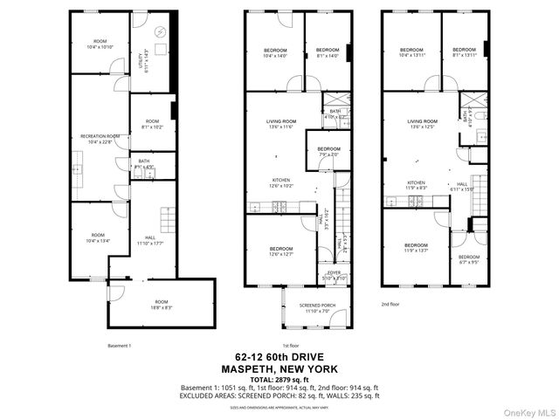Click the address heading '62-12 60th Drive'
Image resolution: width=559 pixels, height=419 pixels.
click(x=279, y=356)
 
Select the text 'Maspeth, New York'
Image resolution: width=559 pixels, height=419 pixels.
click(x=279, y=367)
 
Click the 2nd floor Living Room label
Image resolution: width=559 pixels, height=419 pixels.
click(x=423, y=124)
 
